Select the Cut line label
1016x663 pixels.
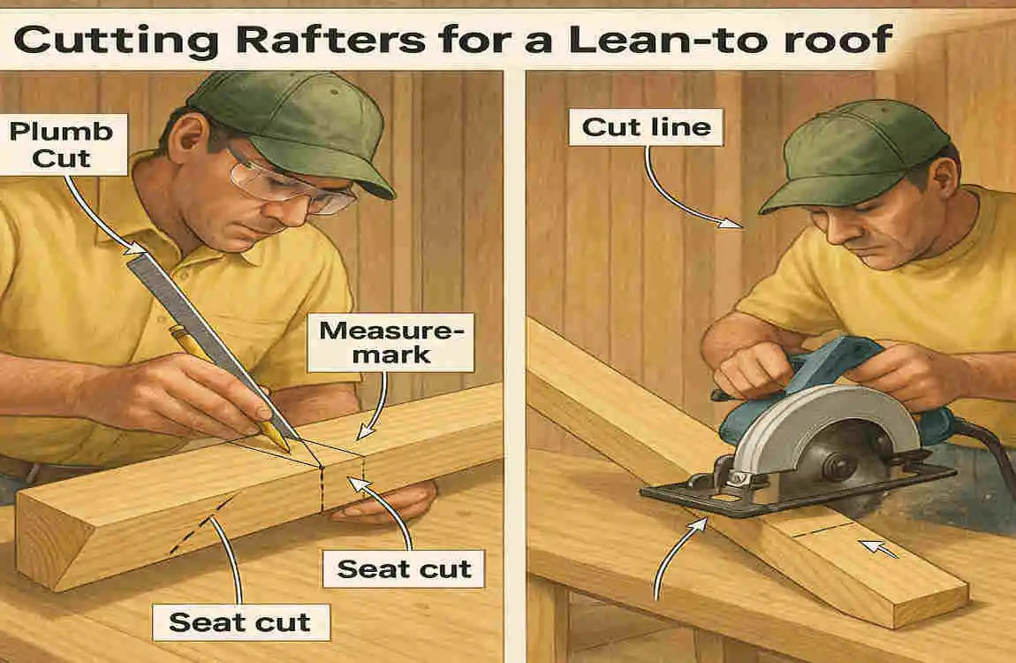(647, 127)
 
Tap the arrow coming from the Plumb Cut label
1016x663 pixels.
(97, 208)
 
